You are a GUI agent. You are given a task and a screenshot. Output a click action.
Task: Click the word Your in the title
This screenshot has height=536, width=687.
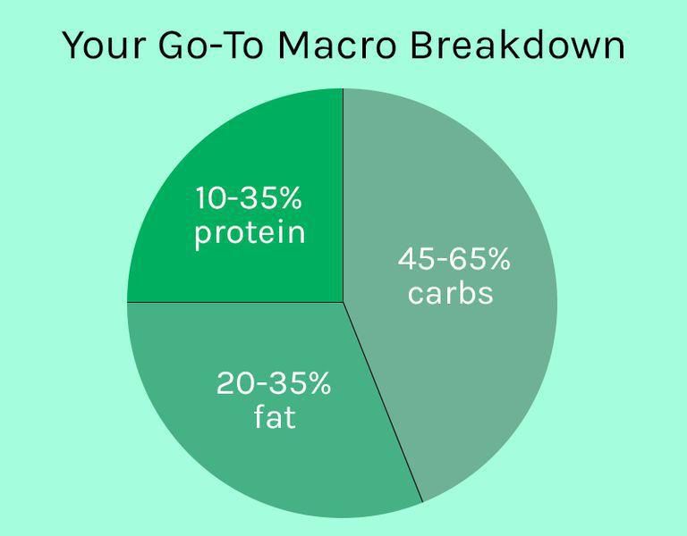click(x=101, y=46)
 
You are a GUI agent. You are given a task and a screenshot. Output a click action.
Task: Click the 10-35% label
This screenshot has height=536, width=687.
click(x=249, y=198)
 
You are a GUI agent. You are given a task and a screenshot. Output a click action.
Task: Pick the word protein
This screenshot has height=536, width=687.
click(x=250, y=232)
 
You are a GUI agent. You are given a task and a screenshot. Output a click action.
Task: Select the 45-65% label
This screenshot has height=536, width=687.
click(x=454, y=260)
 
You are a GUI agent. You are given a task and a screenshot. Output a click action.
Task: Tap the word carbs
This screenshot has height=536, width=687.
click(x=450, y=293)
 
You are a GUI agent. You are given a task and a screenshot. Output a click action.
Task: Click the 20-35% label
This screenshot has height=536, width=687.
click(x=273, y=384)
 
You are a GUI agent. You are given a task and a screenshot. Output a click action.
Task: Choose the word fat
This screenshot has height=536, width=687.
click(x=274, y=416)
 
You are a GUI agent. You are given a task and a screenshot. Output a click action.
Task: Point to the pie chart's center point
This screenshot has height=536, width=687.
click(x=343, y=302)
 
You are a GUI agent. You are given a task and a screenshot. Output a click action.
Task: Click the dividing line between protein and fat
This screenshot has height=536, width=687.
click(x=233, y=302)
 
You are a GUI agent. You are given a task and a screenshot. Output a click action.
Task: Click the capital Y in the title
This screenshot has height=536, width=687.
click(x=72, y=46)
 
